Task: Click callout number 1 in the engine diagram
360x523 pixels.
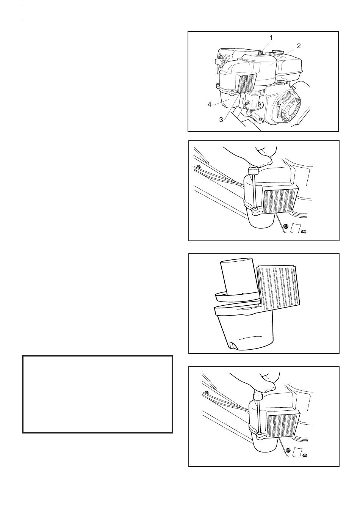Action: click(271, 38)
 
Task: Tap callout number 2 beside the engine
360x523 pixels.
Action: click(298, 46)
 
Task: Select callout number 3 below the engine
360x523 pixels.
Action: click(221, 120)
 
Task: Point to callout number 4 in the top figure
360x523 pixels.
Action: click(209, 104)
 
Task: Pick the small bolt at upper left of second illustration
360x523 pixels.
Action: click(198, 166)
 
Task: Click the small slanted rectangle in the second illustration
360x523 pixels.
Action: click(295, 228)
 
